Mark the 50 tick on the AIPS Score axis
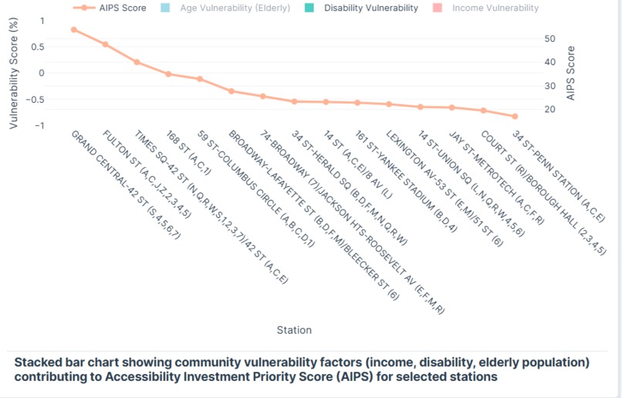click(x=549, y=39)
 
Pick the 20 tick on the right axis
click(x=549, y=110)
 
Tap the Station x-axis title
click(x=294, y=330)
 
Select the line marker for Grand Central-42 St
click(x=73, y=29)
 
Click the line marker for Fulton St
click(x=105, y=44)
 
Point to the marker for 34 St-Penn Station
click(x=515, y=116)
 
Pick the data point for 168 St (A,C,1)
click(x=168, y=74)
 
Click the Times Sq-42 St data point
click(x=137, y=62)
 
